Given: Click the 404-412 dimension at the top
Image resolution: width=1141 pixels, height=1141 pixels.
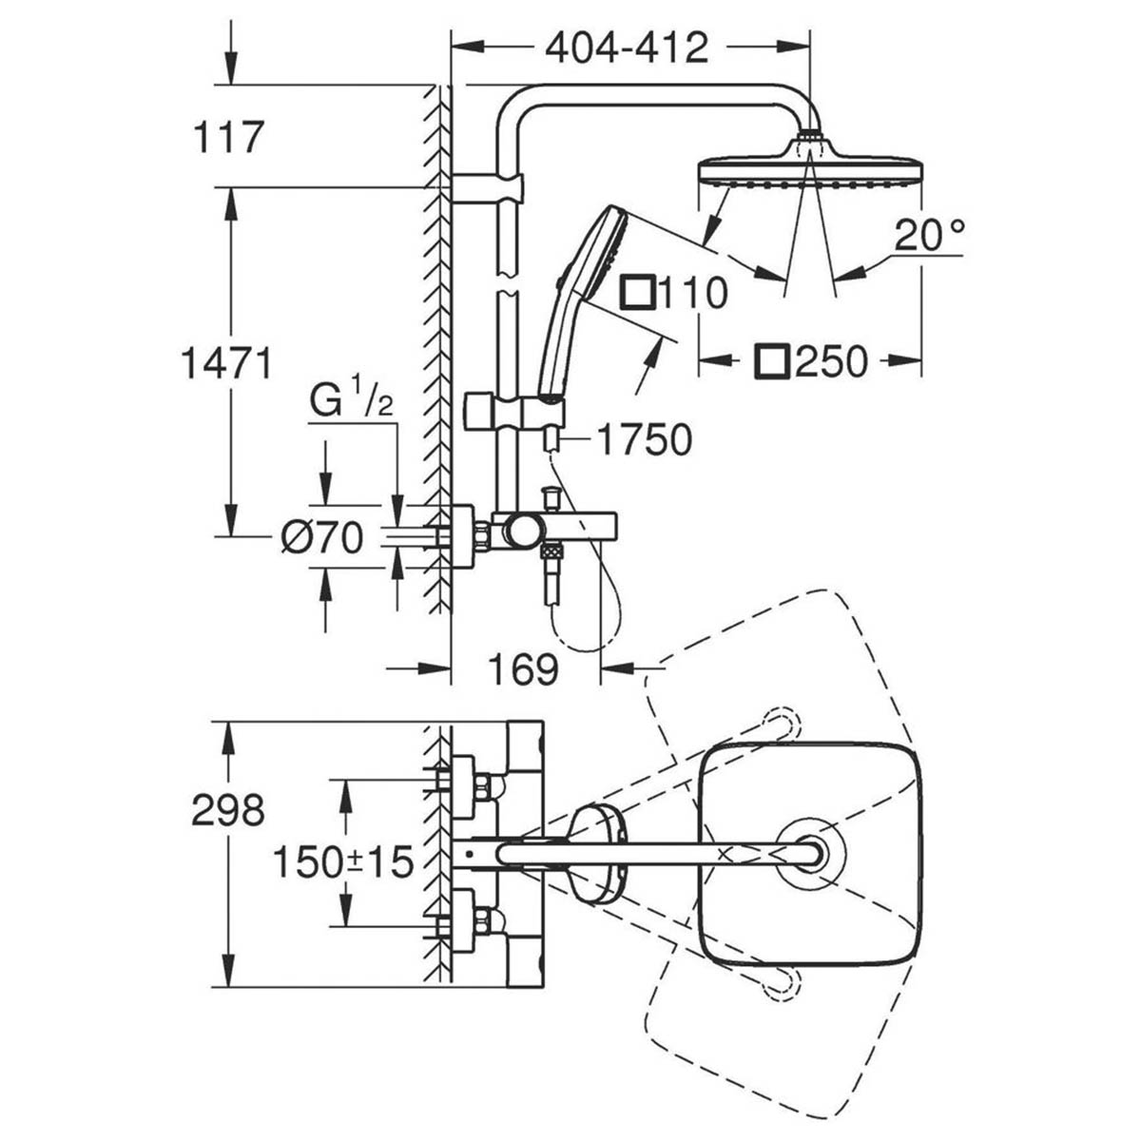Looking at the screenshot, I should pyautogui.click(x=627, y=47).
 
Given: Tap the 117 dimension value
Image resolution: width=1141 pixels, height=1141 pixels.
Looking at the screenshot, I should pyautogui.click(x=227, y=138).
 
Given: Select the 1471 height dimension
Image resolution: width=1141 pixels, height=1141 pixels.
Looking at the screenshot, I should pyautogui.click(x=227, y=362).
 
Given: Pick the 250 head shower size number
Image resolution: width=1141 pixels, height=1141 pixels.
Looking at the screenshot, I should pyautogui.click(x=831, y=361).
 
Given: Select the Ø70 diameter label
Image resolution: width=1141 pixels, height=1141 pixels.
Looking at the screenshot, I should pyautogui.click(x=322, y=539).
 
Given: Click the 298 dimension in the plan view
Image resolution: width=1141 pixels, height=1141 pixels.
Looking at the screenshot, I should pyautogui.click(x=227, y=810).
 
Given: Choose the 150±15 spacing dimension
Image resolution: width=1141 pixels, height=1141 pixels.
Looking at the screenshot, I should pyautogui.click(x=342, y=862).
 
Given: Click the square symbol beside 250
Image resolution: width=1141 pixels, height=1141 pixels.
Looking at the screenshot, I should pyautogui.click(x=774, y=361).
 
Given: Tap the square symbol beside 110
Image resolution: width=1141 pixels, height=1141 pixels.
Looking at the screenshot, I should pyautogui.click(x=636, y=293).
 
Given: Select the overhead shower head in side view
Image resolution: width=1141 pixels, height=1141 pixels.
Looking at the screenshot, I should pyautogui.click(x=808, y=167).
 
